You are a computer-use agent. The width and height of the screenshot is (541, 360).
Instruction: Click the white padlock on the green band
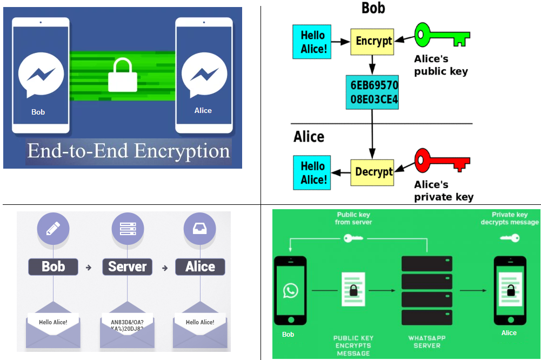(123, 75)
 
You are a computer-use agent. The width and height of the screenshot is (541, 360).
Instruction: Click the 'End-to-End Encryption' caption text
(129, 151)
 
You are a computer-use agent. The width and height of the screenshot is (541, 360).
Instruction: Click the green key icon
(442, 35)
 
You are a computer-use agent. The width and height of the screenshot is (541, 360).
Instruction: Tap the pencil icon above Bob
(53, 229)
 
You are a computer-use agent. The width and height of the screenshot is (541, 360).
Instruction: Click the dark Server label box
(128, 266)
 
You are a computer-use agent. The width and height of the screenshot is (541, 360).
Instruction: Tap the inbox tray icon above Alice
(201, 229)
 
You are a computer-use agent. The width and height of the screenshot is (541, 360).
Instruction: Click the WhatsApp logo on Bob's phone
(291, 291)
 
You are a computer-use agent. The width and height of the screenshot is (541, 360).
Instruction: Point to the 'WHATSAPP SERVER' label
(426, 342)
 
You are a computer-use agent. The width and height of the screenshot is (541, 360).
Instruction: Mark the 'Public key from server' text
(354, 218)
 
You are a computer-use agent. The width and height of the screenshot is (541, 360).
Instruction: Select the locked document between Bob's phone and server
(352, 290)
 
